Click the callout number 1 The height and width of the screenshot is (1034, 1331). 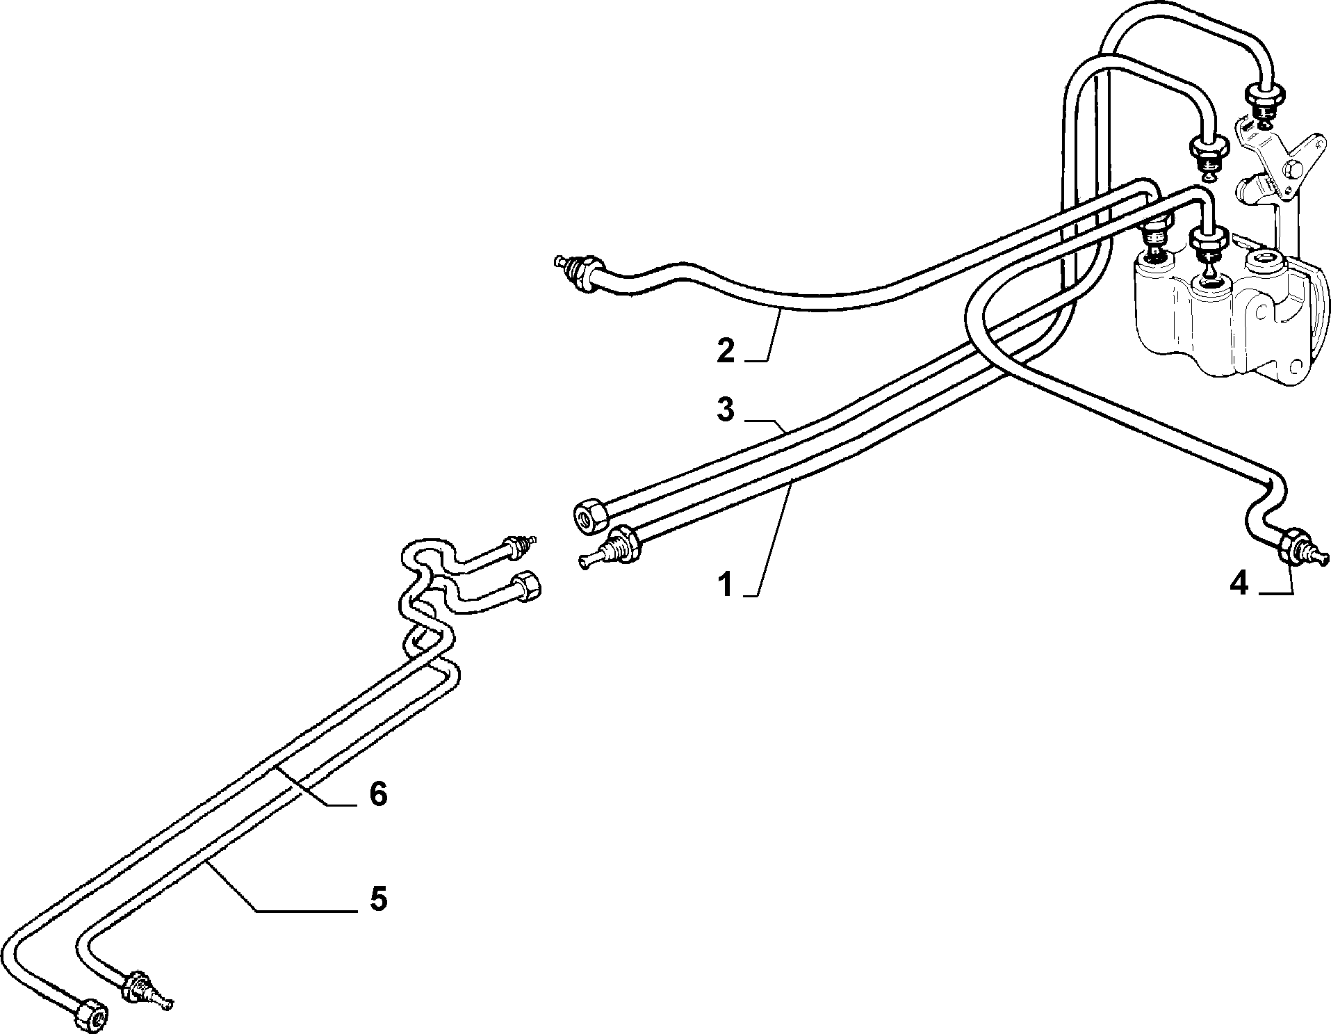[x=726, y=585]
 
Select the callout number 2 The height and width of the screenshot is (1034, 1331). [x=726, y=350]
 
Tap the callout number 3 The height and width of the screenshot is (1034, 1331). [x=726, y=410]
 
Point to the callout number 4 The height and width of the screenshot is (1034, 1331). [x=1239, y=584]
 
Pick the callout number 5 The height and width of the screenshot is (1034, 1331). [x=377, y=899]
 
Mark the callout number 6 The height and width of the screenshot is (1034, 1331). [x=377, y=793]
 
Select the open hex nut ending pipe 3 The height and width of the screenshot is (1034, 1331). [x=590, y=517]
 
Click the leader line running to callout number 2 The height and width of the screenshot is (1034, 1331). [x=767, y=338]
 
